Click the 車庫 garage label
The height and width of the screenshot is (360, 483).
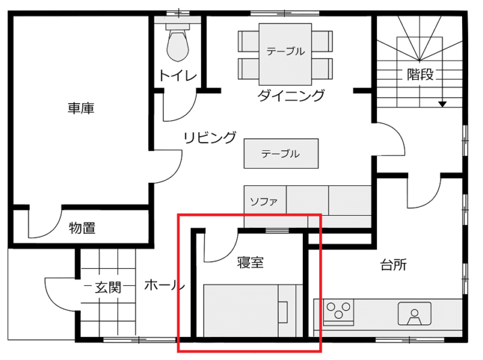tap(81, 108)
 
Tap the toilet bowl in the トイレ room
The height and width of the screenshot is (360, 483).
tap(177, 46)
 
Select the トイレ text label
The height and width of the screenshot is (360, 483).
tap(177, 76)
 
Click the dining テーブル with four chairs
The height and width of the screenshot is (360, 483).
tap(285, 54)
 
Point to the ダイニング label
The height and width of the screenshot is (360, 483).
tap(291, 95)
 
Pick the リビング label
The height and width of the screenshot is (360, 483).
tap(210, 138)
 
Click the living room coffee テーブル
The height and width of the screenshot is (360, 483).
tap(281, 153)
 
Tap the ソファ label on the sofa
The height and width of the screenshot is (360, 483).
tap(264, 202)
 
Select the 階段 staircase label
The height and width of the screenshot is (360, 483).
tap(420, 74)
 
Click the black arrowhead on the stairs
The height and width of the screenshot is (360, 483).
tap(443, 104)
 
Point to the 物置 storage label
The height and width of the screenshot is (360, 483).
tap(82, 228)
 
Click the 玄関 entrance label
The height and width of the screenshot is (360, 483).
tap(108, 287)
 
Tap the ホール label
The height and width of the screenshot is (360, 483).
tap(165, 285)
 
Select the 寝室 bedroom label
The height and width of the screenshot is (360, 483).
tap(250, 262)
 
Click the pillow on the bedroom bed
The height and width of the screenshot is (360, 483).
tap(283, 312)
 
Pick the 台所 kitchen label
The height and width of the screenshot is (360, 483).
tap(393, 264)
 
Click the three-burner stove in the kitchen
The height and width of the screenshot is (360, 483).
tap(339, 311)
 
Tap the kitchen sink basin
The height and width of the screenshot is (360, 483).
tap(414, 313)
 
